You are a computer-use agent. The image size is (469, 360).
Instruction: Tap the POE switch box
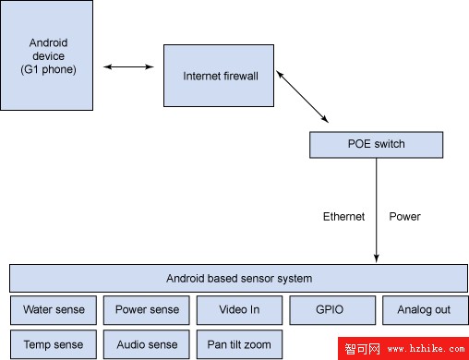click(376, 145)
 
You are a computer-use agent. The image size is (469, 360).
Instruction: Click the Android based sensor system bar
click(238, 278)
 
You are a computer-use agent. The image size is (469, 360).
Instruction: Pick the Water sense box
click(53, 310)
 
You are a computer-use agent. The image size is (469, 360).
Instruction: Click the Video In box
click(238, 310)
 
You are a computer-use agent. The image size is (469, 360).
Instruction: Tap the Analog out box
click(424, 310)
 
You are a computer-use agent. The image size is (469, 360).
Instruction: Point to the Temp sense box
click(53, 344)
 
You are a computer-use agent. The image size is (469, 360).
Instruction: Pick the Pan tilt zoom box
click(238, 344)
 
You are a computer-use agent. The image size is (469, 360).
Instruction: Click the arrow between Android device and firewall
click(128, 67)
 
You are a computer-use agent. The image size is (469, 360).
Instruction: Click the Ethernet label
click(343, 217)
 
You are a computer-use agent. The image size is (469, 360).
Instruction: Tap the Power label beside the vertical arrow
click(404, 217)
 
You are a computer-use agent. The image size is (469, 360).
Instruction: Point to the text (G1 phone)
click(47, 70)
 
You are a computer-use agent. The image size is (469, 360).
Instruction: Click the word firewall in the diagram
click(250, 76)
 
